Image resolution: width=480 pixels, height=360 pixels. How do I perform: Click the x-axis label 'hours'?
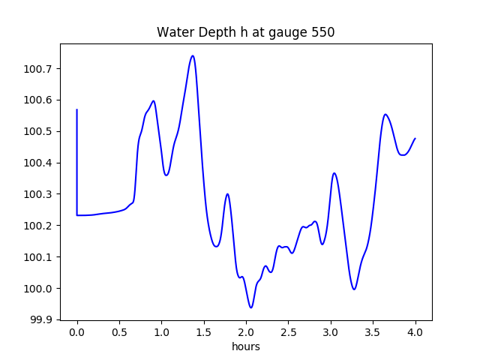click(246, 347)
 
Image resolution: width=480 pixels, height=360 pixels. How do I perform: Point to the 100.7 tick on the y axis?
click(38, 69)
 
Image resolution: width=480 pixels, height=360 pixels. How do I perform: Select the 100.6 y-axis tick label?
click(38, 100)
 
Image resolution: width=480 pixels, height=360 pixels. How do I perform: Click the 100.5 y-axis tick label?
click(38, 132)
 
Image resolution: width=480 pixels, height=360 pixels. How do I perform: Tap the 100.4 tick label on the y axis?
click(38, 163)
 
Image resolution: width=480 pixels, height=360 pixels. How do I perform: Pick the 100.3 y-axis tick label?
click(38, 194)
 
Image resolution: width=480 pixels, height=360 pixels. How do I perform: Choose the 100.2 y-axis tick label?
click(38, 226)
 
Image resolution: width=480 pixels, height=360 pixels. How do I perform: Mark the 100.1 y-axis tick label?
click(38, 257)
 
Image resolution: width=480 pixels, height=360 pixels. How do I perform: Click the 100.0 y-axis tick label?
click(38, 289)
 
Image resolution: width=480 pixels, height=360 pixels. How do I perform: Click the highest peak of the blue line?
click(193, 55)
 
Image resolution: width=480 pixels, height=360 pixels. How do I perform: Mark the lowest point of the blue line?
click(251, 307)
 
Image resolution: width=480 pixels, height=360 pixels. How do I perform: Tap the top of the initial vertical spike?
click(77, 109)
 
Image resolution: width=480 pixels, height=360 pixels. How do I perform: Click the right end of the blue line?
click(415, 138)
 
